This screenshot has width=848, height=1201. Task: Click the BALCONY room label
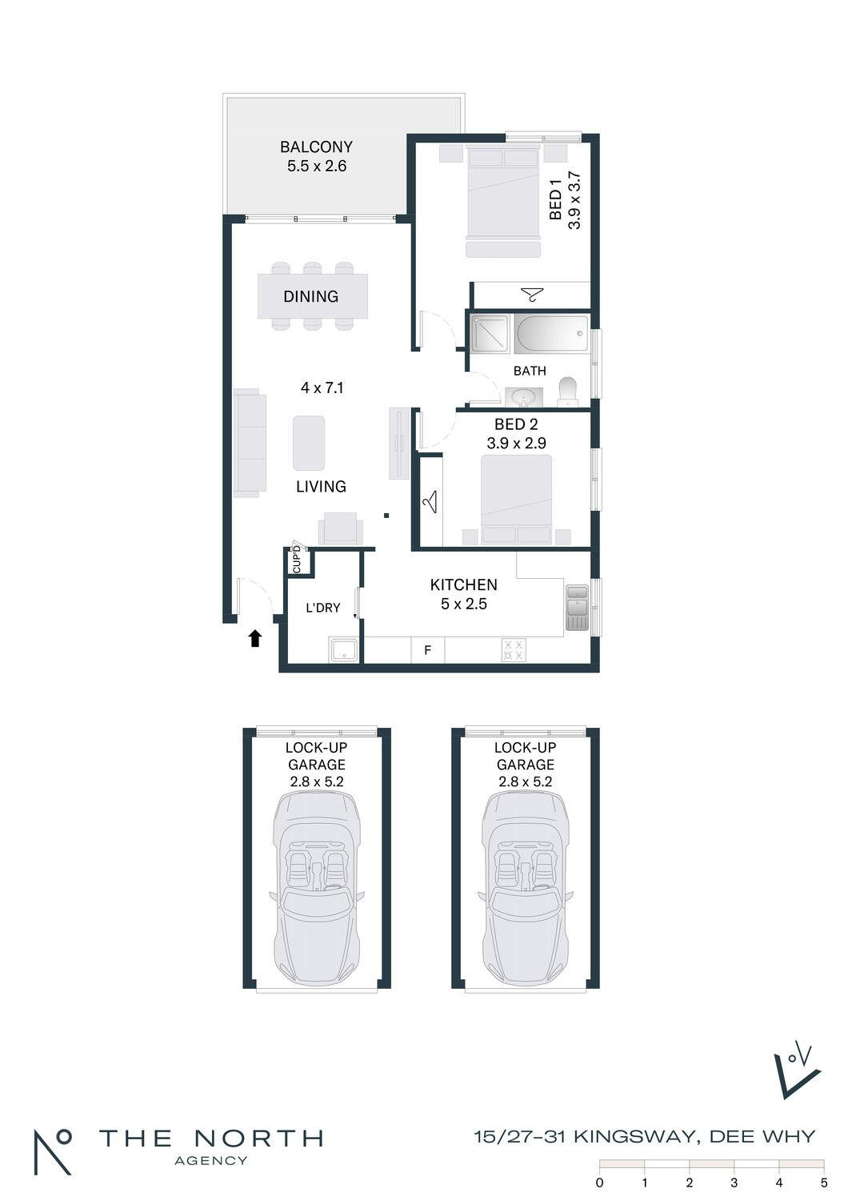click(x=316, y=147)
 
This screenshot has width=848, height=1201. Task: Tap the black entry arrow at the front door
click(x=255, y=638)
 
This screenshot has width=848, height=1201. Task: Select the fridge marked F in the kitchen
click(x=427, y=650)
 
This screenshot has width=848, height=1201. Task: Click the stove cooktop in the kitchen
click(x=514, y=649)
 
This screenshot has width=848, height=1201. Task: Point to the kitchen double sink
click(x=577, y=607)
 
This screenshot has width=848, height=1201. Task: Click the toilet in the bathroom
click(x=567, y=392)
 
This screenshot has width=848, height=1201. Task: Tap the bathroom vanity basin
click(x=524, y=398)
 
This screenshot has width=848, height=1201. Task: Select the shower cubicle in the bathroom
click(x=490, y=333)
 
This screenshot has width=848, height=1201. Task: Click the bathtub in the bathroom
click(x=551, y=334)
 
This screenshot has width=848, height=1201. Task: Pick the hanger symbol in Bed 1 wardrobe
click(x=532, y=295)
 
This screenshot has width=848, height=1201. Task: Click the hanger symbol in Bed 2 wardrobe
click(x=430, y=501)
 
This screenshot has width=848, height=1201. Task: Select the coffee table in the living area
click(x=309, y=443)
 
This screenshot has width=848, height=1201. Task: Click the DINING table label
click(x=310, y=296)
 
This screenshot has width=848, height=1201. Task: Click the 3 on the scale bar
click(x=734, y=1183)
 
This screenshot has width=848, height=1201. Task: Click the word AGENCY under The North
click(x=211, y=1161)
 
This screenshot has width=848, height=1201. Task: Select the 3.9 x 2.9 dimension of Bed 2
click(x=517, y=443)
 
